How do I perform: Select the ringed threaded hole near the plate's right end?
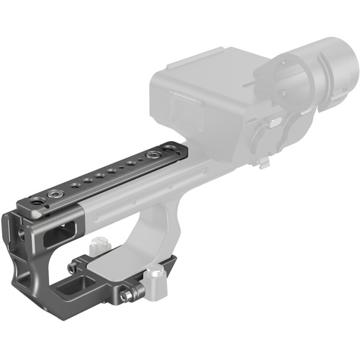pos(153,156)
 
